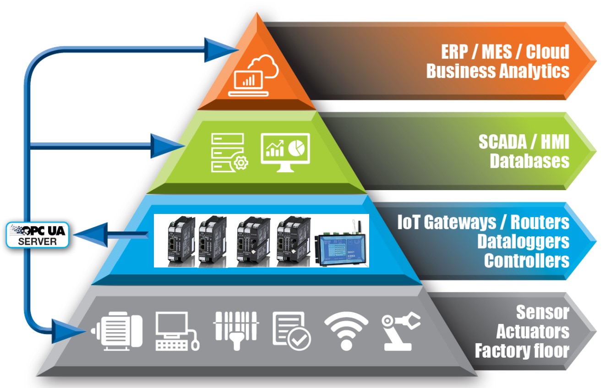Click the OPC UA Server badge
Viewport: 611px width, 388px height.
coord(38,235)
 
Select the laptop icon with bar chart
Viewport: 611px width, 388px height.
coord(249,83)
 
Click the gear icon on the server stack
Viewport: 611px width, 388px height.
coord(241,163)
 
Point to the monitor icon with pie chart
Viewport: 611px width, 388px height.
coord(285,153)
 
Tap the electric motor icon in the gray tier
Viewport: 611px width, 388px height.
coord(117,331)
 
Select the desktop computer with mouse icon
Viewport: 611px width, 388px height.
coord(177,331)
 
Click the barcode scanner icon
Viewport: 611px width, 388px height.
coord(236,331)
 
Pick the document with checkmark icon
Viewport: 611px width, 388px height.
coord(291,331)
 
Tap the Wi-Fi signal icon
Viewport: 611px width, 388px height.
coord(346,331)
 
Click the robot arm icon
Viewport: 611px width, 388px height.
coord(400,331)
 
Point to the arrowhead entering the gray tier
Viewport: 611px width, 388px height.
coord(68,332)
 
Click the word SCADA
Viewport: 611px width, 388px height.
coord(502,142)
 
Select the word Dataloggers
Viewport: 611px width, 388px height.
coord(523,241)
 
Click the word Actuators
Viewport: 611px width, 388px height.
coord(532,332)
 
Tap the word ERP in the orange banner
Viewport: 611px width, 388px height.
coord(454,52)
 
